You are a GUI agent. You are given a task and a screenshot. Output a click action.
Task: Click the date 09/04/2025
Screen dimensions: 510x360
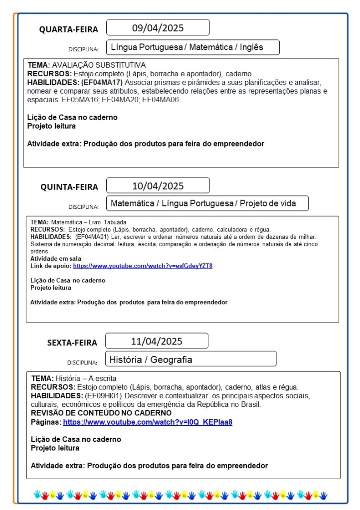tap(158, 27)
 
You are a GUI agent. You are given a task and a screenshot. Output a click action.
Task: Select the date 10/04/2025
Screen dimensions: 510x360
tap(158, 186)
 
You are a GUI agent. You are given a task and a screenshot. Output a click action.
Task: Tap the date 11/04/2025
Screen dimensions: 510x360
tap(157, 341)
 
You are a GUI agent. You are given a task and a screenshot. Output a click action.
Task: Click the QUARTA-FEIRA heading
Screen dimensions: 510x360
tap(69, 29)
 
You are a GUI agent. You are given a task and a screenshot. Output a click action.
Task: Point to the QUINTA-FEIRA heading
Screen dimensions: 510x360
tap(69, 187)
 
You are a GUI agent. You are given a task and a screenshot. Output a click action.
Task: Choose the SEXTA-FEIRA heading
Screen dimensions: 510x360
tap(72, 342)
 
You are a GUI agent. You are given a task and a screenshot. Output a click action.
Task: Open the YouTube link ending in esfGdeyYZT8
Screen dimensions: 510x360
tap(143, 266)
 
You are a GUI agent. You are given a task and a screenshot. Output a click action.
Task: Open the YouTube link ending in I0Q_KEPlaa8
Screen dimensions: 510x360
tap(148, 422)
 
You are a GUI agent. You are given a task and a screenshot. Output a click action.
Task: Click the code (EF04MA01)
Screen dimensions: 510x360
tap(93, 236)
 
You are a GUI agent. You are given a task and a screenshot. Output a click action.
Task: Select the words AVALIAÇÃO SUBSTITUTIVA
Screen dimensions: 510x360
tap(99, 65)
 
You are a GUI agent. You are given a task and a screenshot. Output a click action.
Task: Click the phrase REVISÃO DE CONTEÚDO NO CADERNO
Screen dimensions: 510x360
tap(101, 413)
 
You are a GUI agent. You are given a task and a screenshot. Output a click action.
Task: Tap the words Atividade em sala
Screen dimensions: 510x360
tap(56, 259)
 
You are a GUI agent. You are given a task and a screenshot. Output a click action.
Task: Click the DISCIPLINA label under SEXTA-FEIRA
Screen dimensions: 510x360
tap(82, 362)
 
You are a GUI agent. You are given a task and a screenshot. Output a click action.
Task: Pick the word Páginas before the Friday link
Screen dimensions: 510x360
tap(46, 422)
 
